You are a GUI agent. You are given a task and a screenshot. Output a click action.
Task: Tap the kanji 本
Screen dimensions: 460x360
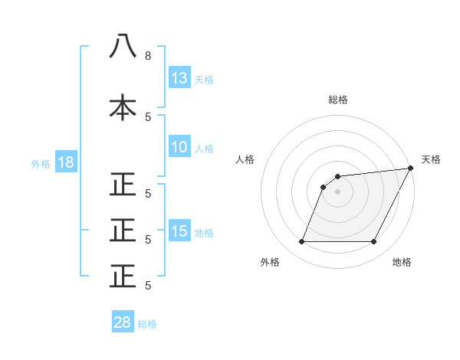[123, 107]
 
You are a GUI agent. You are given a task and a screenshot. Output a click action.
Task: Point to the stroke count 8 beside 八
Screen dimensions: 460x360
[148, 56]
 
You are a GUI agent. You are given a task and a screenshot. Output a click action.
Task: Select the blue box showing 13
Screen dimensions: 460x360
[179, 77]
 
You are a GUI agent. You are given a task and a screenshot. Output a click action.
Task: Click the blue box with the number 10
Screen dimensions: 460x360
[179, 147]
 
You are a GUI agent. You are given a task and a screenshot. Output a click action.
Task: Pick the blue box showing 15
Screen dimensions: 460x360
[179, 231]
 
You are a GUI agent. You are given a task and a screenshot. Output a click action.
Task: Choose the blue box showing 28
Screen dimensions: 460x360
[123, 322]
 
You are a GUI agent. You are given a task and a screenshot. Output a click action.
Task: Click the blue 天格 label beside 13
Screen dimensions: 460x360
[204, 79]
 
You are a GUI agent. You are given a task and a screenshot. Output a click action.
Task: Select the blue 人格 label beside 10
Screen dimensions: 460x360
[204, 148]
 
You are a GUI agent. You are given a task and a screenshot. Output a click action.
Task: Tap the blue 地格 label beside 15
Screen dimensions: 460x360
[204, 232]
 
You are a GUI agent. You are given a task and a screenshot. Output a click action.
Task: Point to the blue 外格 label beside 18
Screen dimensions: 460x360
[40, 163]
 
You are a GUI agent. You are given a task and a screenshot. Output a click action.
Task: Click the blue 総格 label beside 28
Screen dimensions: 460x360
[147, 324]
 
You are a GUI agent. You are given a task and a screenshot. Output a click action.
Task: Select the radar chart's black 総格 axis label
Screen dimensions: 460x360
[337, 100]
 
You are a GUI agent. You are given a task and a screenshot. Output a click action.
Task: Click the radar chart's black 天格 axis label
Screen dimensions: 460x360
[431, 159]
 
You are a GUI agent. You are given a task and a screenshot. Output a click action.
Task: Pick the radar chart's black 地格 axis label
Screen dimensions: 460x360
[402, 263]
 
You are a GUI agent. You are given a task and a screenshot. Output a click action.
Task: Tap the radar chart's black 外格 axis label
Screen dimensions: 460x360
[271, 263]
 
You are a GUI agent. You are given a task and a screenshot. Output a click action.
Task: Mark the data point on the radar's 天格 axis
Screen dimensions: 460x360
[411, 168]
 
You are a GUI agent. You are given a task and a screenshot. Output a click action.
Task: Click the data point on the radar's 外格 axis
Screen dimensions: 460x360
[301, 242]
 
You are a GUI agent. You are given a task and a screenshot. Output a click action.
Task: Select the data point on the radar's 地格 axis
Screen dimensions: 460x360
[373, 242]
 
